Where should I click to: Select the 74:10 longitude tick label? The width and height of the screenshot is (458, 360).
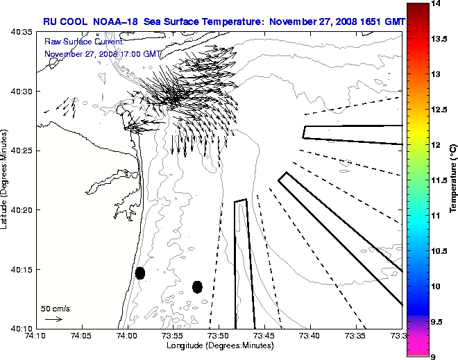click(36, 336)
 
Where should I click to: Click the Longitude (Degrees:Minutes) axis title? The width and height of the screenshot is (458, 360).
click(219, 345)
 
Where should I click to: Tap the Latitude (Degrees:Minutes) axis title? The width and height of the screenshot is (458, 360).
click(6, 180)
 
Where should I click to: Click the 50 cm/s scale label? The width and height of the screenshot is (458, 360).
click(55, 308)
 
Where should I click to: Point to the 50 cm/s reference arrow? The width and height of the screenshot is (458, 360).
click(53, 319)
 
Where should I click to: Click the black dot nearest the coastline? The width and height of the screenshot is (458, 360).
click(140, 273)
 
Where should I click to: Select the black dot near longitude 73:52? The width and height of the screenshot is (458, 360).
click(197, 286)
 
